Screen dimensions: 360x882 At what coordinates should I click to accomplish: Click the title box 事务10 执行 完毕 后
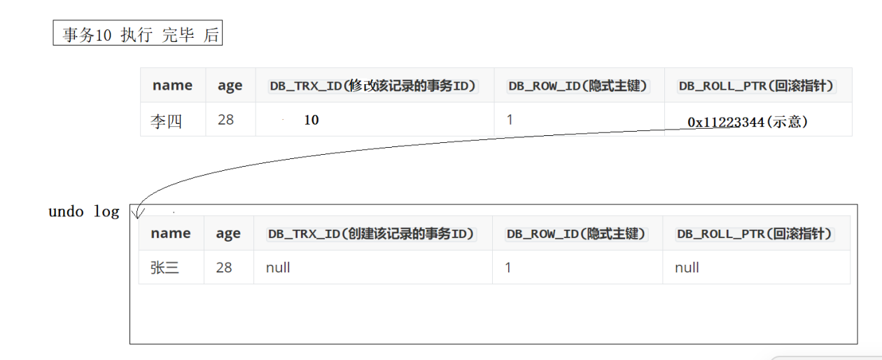(138, 34)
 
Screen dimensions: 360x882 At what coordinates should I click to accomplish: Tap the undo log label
(83, 212)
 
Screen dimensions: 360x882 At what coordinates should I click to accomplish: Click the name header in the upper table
(172, 85)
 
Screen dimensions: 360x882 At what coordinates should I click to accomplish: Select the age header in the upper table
(230, 85)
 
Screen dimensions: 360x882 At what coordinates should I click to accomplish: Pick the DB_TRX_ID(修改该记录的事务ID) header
(373, 85)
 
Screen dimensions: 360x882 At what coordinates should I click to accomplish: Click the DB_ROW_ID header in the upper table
(578, 85)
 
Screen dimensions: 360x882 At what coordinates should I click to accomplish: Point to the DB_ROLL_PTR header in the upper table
(757, 85)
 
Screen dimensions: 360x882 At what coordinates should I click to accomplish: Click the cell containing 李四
(166, 120)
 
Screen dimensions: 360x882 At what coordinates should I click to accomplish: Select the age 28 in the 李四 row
(225, 120)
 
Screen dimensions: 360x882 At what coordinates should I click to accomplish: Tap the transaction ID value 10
(311, 120)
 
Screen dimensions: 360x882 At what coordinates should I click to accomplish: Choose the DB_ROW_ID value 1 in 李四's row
(510, 120)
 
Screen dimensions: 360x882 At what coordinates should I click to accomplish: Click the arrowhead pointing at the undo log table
(138, 212)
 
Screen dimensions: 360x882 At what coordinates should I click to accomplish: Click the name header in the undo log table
(171, 233)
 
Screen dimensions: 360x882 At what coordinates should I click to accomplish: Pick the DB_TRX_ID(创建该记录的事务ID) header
(371, 233)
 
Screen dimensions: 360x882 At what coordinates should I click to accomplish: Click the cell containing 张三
(164, 268)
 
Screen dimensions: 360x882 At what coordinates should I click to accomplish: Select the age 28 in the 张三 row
(224, 268)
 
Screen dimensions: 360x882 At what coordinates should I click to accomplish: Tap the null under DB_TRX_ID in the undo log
(278, 268)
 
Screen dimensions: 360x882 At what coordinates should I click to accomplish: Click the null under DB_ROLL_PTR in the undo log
(687, 268)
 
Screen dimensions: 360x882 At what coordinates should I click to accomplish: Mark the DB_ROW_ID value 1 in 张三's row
(508, 268)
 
